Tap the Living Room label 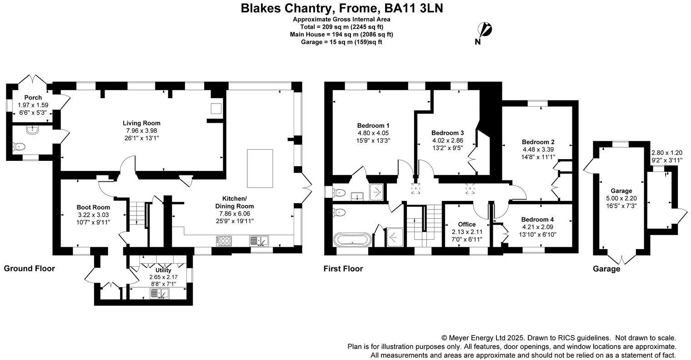tap(141, 123)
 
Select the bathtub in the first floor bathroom tap(352, 240)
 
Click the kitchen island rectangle tap(260, 169)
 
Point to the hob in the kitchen tap(224, 240)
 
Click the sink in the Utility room tap(160, 293)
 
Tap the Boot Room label tap(93, 207)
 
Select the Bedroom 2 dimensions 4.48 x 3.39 tap(538, 149)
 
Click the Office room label tap(467, 224)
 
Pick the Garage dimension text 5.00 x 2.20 tap(621, 198)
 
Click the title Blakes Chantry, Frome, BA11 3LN tap(342, 8)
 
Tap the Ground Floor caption tap(29, 268)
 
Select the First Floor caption tap(343, 269)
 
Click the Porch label tap(33, 97)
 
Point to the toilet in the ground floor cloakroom tap(19, 147)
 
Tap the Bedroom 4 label tap(537, 220)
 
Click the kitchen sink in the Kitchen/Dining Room tap(259, 241)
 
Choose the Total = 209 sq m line tap(341, 27)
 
